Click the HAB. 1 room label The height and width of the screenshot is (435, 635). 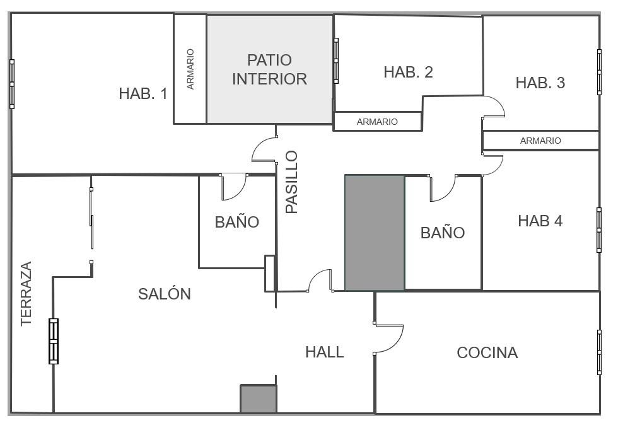tap(143, 93)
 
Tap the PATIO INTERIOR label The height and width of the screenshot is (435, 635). tap(269, 69)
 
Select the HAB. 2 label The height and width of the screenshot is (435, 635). tap(408, 72)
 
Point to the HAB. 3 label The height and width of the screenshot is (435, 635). tap(540, 83)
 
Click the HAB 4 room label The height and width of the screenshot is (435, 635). tap(540, 221)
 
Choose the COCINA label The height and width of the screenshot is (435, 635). tap(487, 352)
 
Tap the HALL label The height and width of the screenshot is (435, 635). tap(324, 352)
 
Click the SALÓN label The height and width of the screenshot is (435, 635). tap(165, 294)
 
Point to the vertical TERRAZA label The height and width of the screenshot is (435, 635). tap(26, 294)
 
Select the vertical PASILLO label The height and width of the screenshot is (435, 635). tap(291, 182)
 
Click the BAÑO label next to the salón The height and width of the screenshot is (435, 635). tap(237, 221)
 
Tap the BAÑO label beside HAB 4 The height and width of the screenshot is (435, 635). tap(443, 232)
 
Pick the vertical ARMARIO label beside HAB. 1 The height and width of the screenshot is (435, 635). tap(190, 69)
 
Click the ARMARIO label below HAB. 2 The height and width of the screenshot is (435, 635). tap(377, 122)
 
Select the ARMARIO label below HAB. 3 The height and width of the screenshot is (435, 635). tap(540, 141)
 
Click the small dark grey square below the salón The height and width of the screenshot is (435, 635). tap(259, 399)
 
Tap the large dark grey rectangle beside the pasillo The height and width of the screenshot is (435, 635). tap(375, 233)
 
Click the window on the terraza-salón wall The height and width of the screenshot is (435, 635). tap(54, 341)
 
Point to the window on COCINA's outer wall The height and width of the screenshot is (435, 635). tap(599, 352)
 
